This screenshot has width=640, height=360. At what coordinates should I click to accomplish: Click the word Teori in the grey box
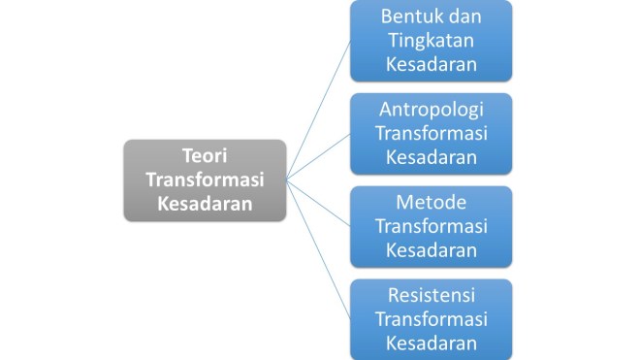click(x=206, y=155)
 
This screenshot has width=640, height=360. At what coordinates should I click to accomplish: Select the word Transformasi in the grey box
click(x=206, y=180)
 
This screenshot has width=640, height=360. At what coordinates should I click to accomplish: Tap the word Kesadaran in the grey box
click(x=206, y=204)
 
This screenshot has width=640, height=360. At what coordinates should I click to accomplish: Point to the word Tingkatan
click(x=432, y=41)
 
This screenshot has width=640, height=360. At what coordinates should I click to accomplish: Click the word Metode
click(x=432, y=202)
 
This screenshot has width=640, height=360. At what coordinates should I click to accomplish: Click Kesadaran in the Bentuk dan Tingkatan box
click(x=432, y=64)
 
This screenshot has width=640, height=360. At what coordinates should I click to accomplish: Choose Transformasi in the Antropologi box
click(x=432, y=133)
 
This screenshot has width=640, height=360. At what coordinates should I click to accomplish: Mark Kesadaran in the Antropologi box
click(x=432, y=156)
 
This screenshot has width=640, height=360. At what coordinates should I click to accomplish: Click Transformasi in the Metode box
click(x=432, y=226)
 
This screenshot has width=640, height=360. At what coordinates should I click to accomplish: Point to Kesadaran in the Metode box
click(x=432, y=249)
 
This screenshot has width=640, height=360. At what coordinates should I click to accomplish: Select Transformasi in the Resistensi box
click(x=432, y=318)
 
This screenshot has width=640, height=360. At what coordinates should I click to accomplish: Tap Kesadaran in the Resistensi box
click(x=432, y=342)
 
